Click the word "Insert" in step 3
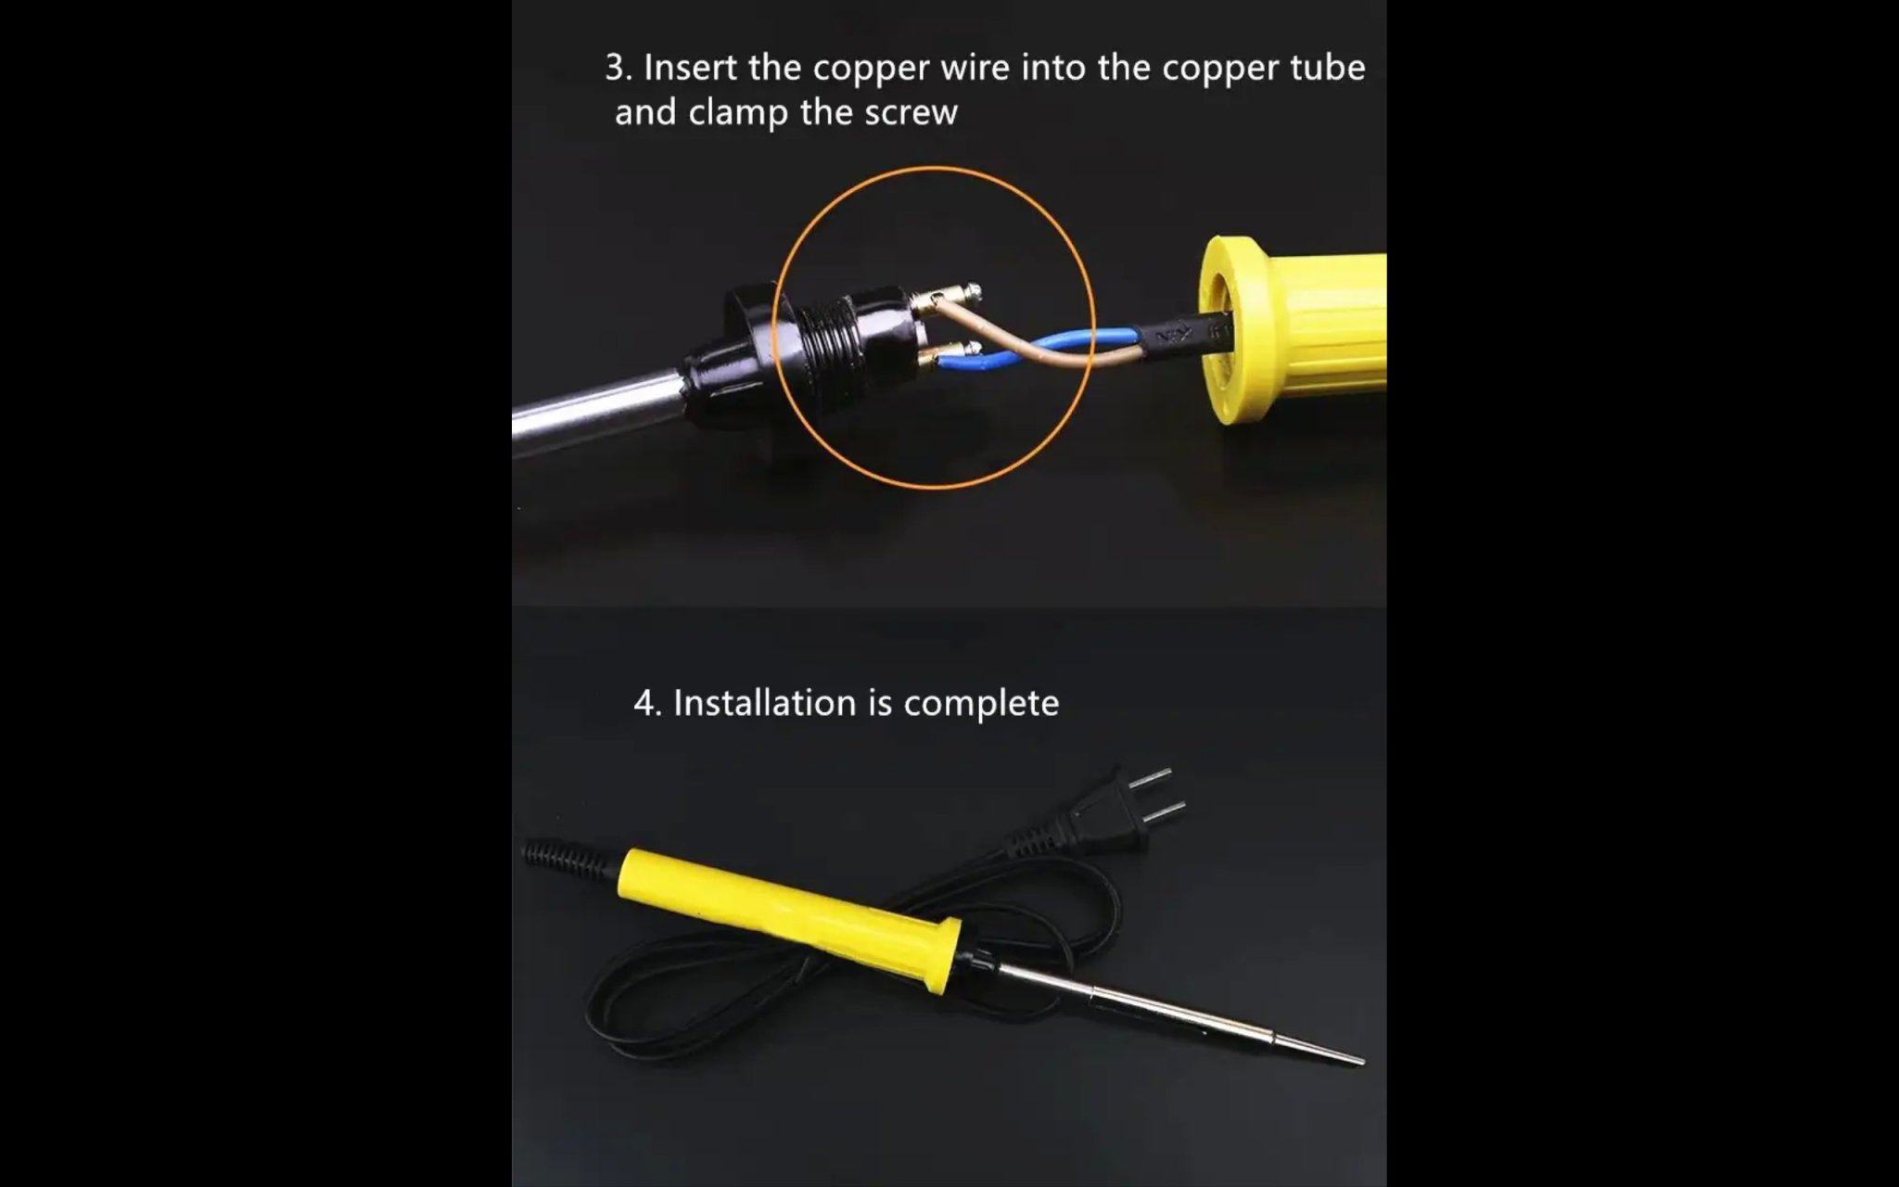[x=690, y=68]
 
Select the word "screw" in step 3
[x=911, y=112]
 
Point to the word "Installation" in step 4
[x=764, y=703]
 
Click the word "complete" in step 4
[x=981, y=704]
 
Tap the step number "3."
[x=618, y=68]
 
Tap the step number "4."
[x=647, y=703]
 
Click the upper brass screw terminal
[x=946, y=298]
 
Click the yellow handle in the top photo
[x=1293, y=330]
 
